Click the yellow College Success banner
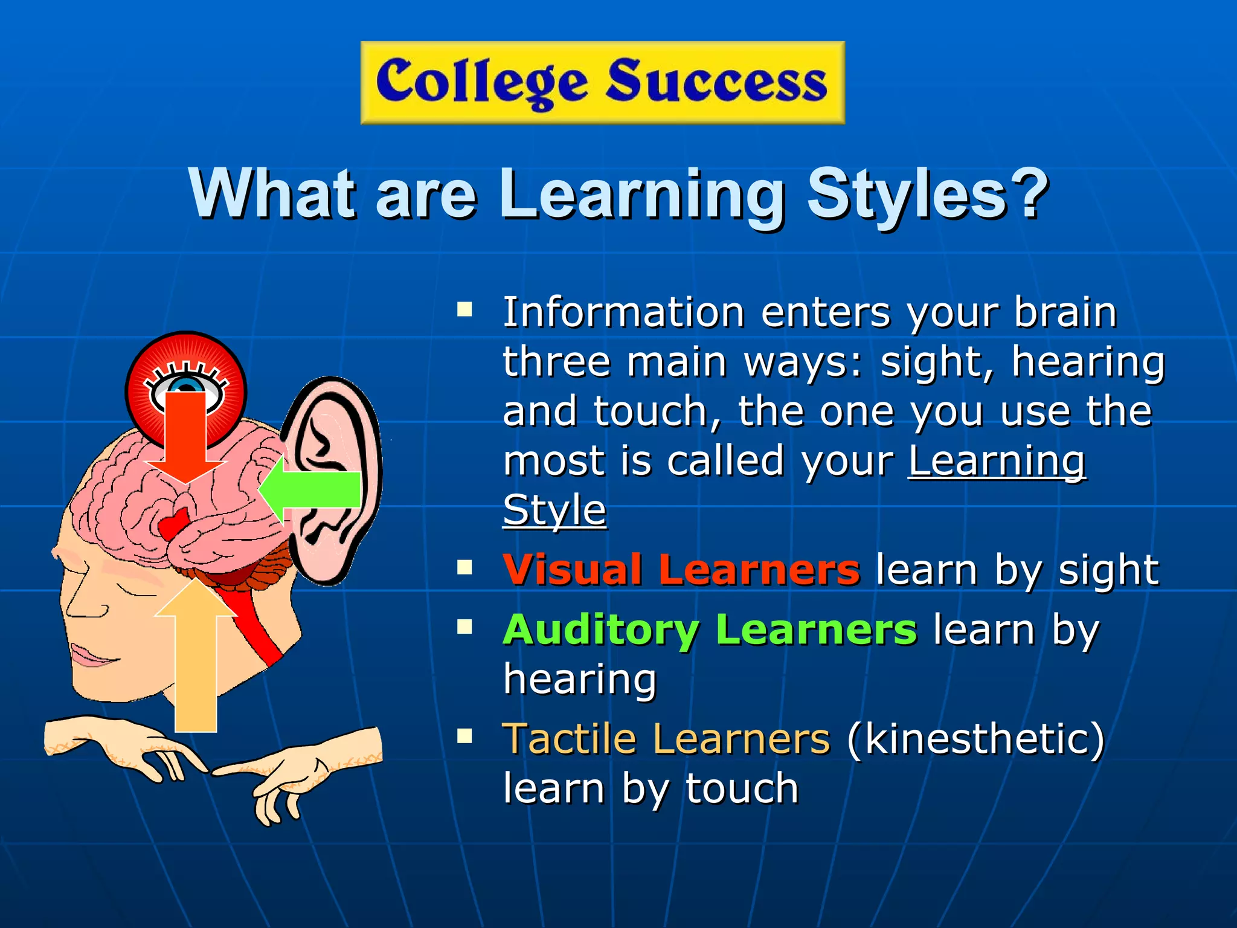pos(602,83)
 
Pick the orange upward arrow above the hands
pos(196,659)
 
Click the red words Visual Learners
pos(681,570)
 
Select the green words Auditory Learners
pos(710,630)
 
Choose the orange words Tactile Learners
pos(666,739)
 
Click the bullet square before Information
pos(464,310)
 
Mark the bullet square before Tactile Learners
pos(464,736)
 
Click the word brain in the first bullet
pos(1065,312)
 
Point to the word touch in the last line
pos(742,788)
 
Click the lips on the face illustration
pos(91,656)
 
